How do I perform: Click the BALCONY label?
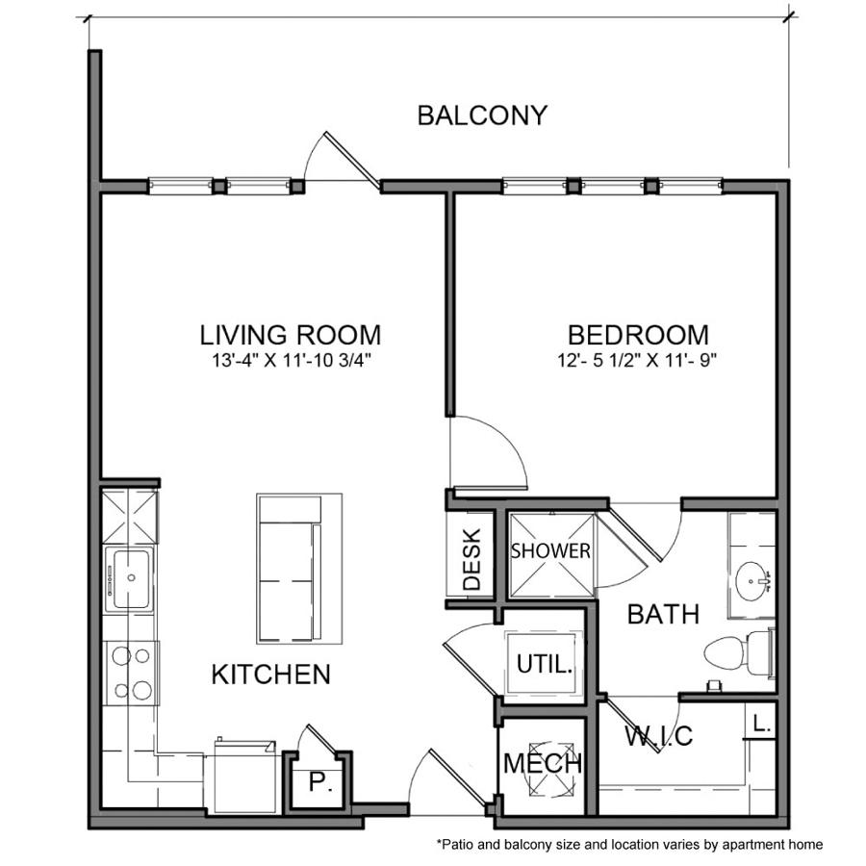(x=481, y=115)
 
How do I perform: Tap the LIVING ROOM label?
(x=290, y=335)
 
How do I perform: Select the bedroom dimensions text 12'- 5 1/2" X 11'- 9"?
(x=637, y=362)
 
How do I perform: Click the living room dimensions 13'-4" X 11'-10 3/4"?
(x=290, y=362)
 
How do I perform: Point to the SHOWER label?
(x=550, y=551)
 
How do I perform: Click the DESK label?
(x=471, y=557)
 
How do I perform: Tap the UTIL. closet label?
(x=546, y=663)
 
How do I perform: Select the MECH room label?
(x=543, y=765)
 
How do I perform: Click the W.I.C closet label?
(x=659, y=738)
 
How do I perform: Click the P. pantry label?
(x=318, y=783)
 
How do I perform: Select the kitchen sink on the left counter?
(x=129, y=577)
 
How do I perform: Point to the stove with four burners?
(x=132, y=673)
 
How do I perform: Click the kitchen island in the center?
(x=298, y=568)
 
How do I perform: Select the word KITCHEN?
(x=270, y=675)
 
